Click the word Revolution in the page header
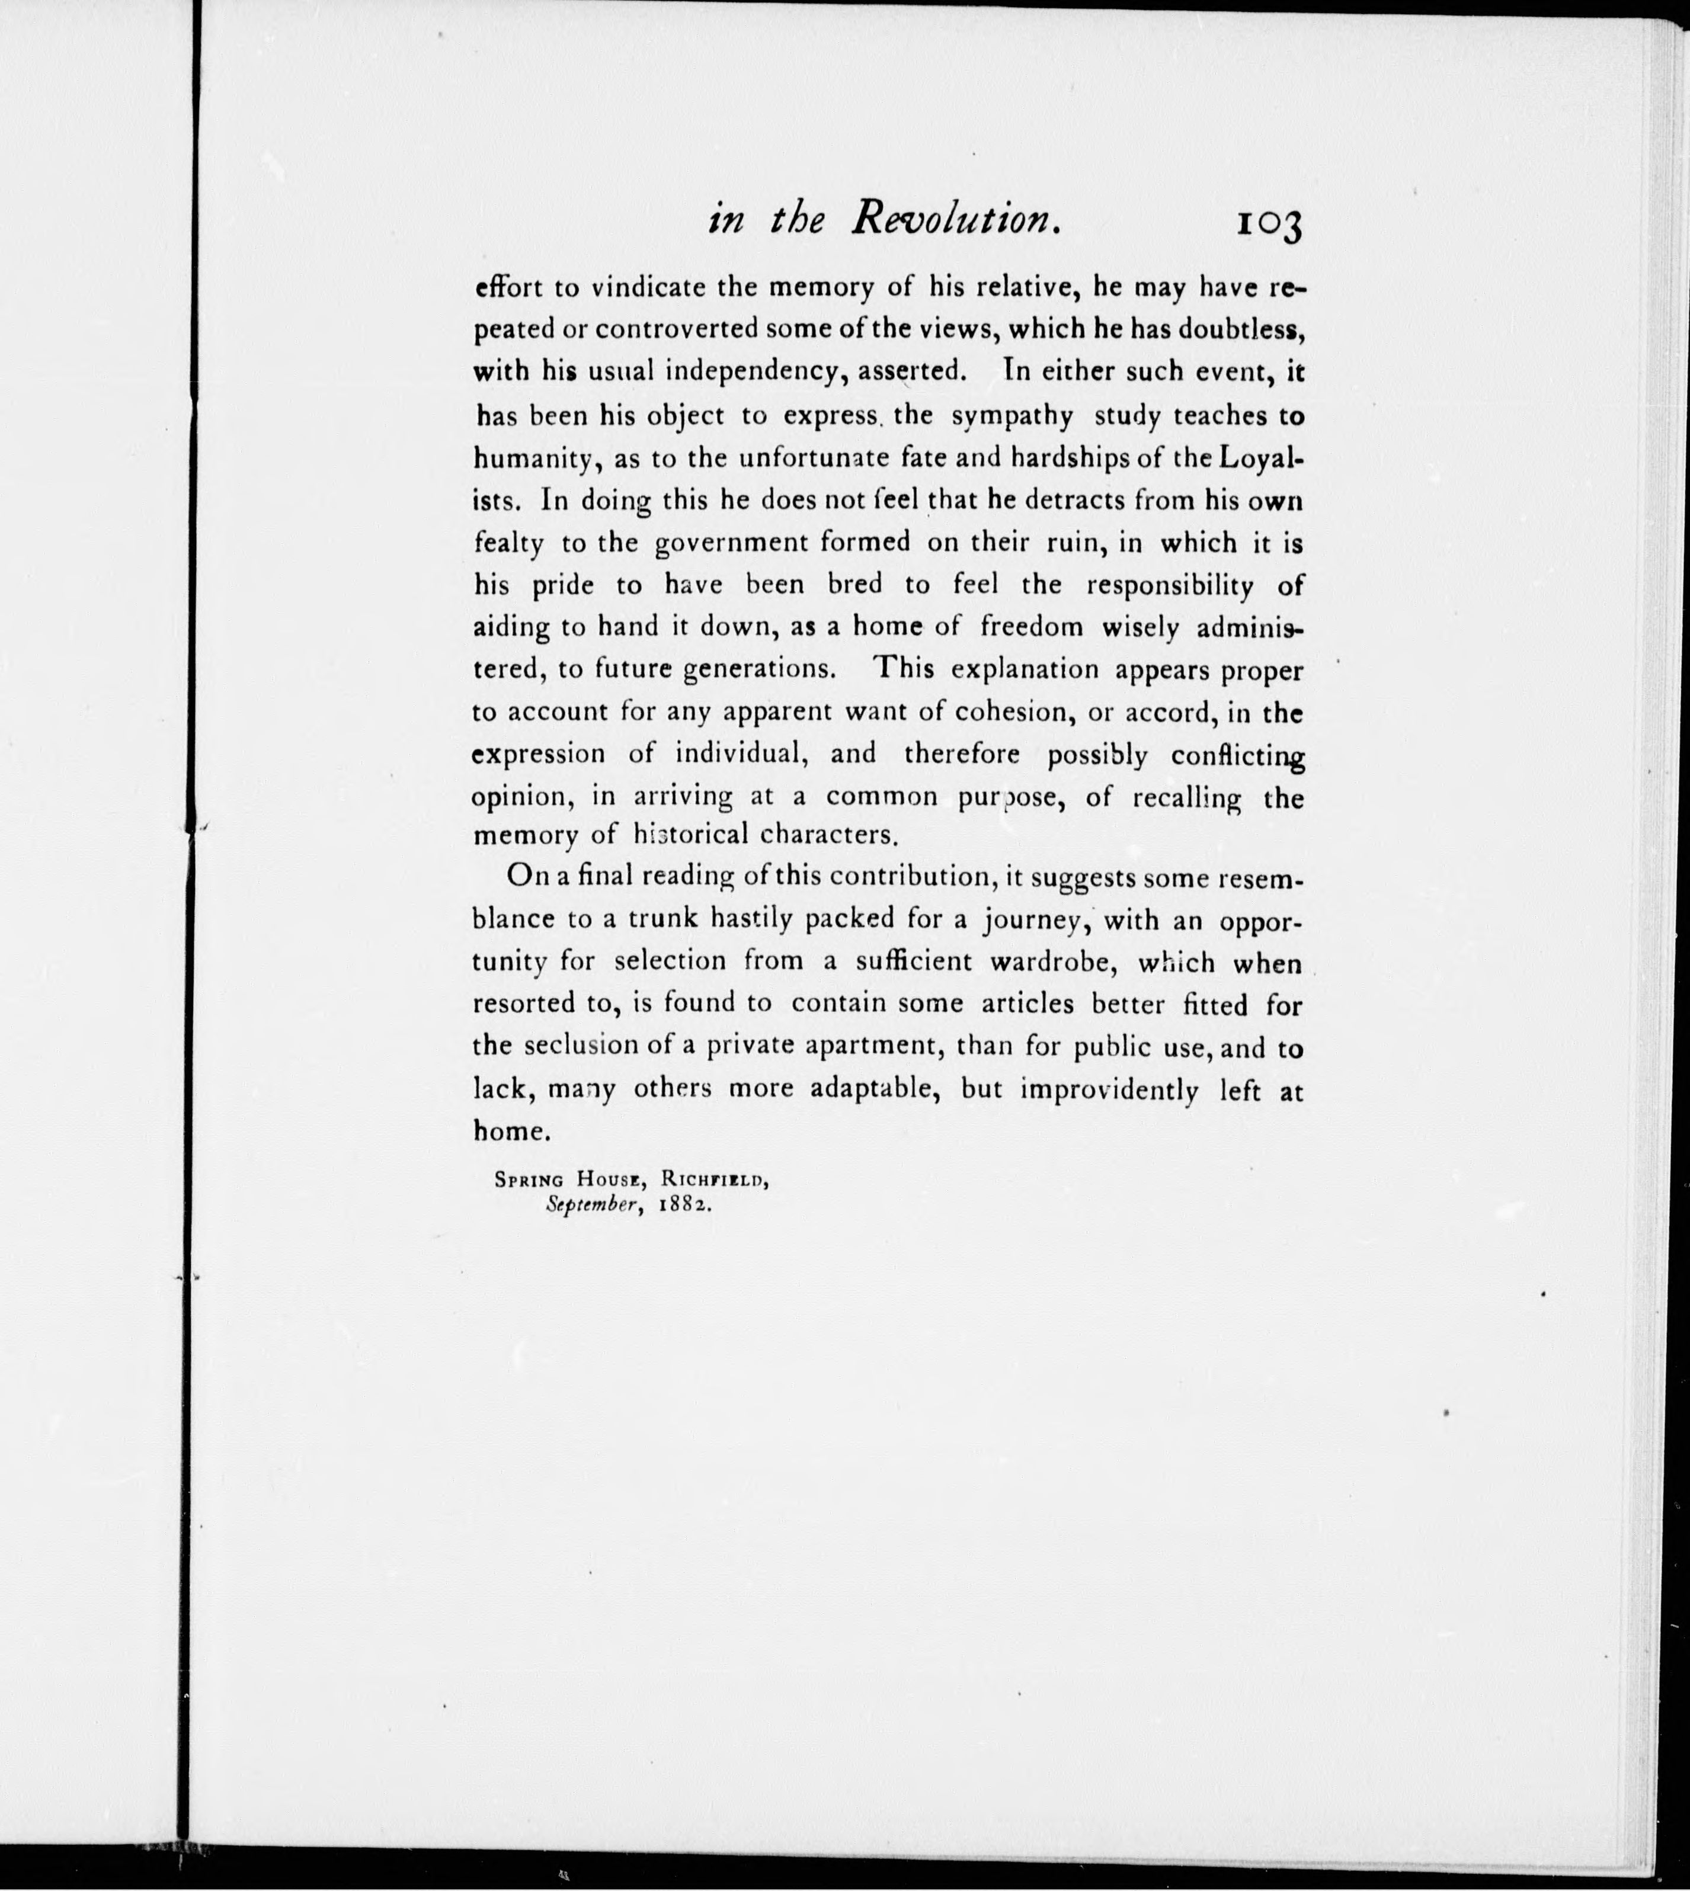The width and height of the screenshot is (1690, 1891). point(956,219)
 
